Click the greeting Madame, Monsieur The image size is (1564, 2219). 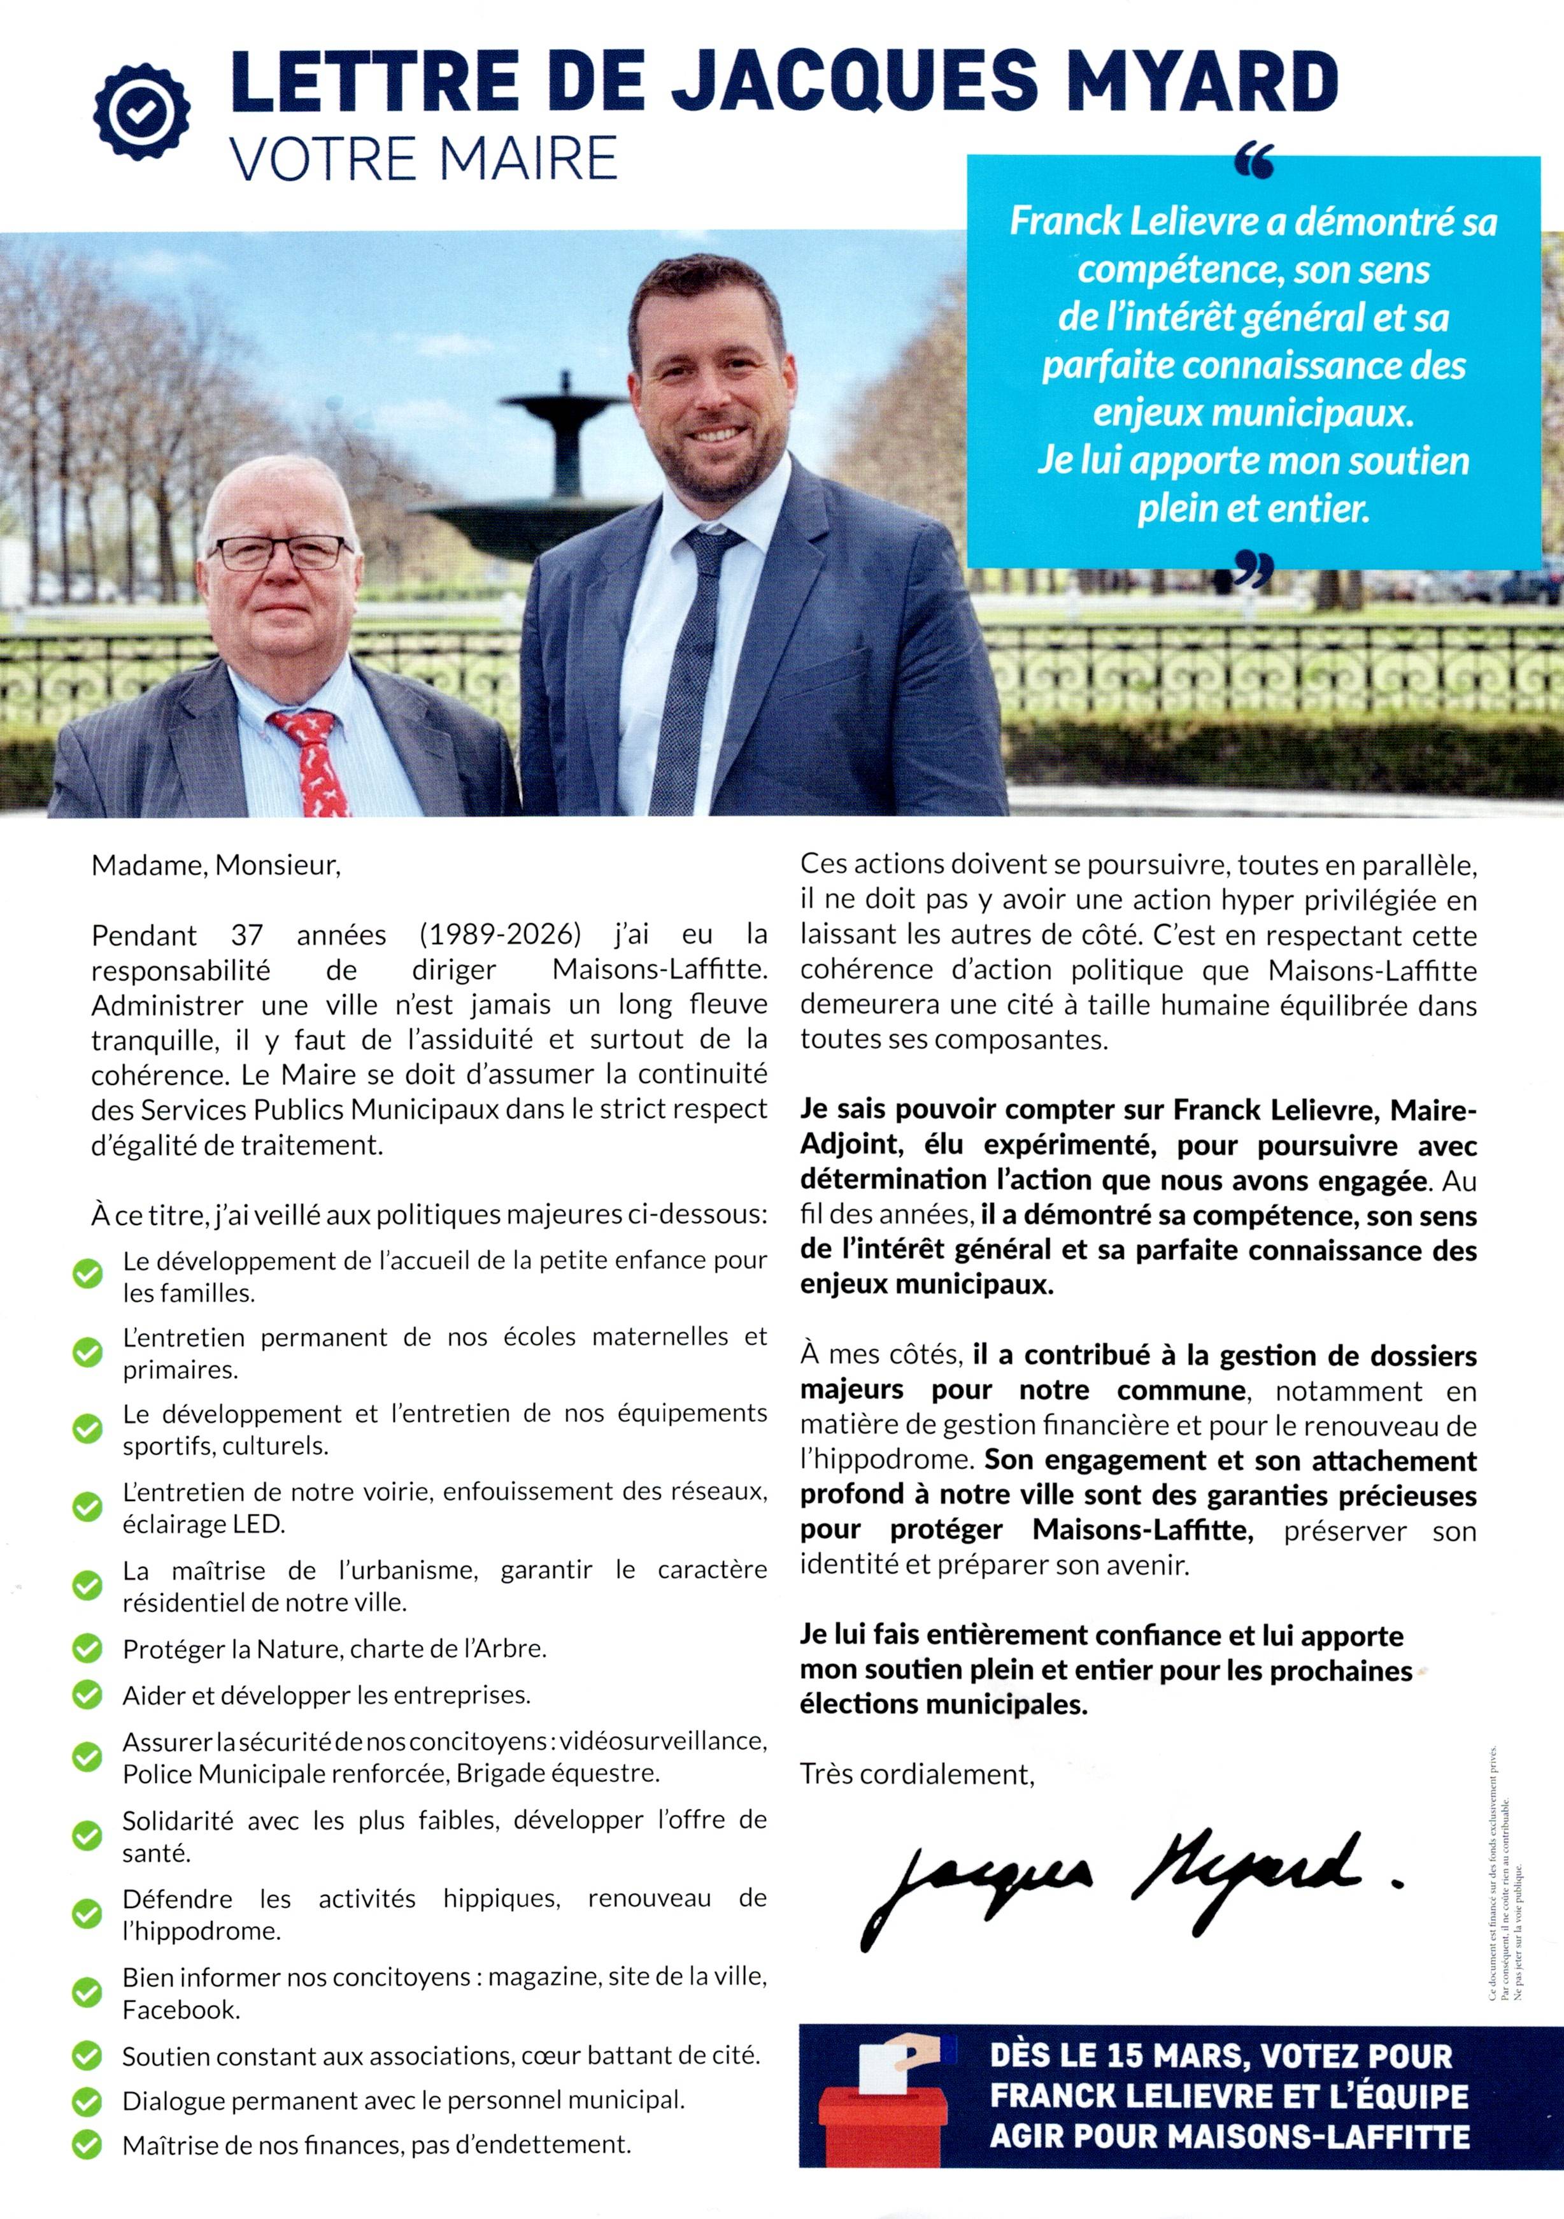point(217,865)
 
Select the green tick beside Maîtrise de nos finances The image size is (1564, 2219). point(88,2144)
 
